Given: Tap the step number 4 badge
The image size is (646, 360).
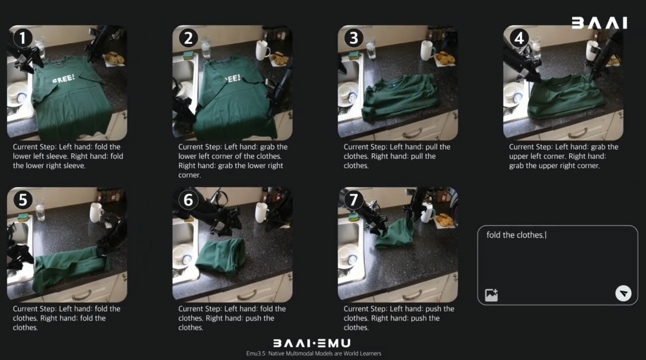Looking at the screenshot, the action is point(519,38).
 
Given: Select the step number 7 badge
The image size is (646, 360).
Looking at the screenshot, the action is point(353,200).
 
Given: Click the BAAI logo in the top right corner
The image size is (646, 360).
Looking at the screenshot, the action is point(599,23).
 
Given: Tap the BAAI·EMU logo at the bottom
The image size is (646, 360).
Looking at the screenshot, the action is point(312,343).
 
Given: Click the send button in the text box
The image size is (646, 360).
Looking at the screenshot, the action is point(623,293).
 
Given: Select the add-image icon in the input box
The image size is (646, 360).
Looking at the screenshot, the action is point(492,295).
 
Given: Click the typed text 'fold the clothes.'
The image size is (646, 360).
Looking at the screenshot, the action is point(516,235).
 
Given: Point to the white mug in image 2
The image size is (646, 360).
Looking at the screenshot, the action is point(262,50).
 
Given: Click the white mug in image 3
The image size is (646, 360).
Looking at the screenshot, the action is point(427,50).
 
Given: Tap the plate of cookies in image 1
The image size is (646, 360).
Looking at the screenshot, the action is point(114,59).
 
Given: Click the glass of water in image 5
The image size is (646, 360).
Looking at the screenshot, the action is point(40,210).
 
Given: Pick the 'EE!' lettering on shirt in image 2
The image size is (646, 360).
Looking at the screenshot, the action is point(233,78).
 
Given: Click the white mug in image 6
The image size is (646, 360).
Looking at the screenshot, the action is point(261,213).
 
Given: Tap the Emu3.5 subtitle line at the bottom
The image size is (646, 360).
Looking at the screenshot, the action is point(313,354).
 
